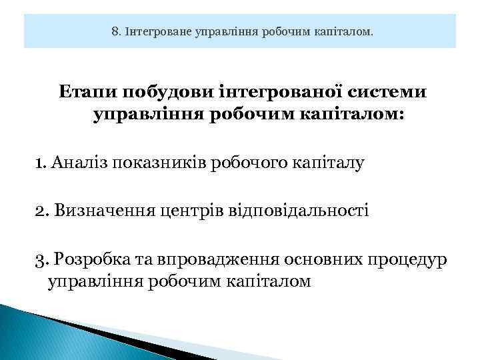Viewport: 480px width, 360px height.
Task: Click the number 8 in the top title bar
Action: (115, 31)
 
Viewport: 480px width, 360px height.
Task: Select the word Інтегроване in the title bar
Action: (156, 31)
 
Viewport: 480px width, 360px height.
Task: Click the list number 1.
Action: (39, 163)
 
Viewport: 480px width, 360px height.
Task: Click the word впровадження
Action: (220, 258)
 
